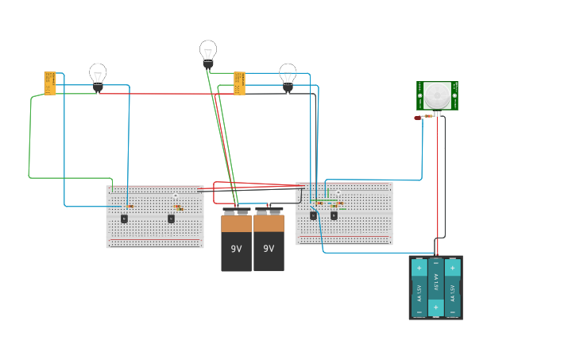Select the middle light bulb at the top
(x=208, y=52)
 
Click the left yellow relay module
(x=50, y=83)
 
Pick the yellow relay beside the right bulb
(x=239, y=83)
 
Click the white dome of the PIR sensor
(x=436, y=95)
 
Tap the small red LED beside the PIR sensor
(x=417, y=118)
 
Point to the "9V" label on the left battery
(x=236, y=249)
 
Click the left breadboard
(x=155, y=230)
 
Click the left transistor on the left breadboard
(x=124, y=219)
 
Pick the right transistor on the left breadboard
(x=171, y=219)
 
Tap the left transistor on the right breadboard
(x=313, y=215)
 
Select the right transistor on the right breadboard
(x=334, y=215)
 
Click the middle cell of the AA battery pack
(x=435, y=287)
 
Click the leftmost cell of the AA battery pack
(x=419, y=287)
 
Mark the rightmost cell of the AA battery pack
(x=453, y=287)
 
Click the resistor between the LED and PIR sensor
(x=428, y=116)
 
